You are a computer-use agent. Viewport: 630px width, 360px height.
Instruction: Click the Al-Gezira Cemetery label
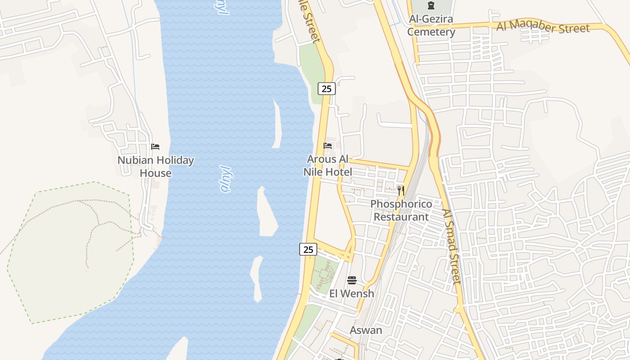pyautogui.click(x=432, y=26)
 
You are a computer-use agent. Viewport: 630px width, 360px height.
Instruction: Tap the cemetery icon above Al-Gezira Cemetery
pyautogui.click(x=431, y=6)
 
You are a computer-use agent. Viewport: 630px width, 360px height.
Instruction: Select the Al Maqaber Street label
pyautogui.click(x=543, y=27)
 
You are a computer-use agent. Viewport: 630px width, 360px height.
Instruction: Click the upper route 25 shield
pyautogui.click(x=327, y=89)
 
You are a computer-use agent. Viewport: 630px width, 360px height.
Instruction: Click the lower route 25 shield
pyautogui.click(x=308, y=249)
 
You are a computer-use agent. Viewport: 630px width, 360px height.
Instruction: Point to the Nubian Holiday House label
pyautogui.click(x=156, y=166)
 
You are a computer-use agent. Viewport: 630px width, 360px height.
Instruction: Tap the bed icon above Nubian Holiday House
pyautogui.click(x=155, y=147)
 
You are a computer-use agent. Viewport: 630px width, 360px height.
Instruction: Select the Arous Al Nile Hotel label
pyautogui.click(x=328, y=165)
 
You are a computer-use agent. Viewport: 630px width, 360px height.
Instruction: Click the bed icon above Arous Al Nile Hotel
pyautogui.click(x=328, y=146)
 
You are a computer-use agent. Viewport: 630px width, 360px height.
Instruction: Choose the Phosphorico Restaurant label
pyautogui.click(x=401, y=210)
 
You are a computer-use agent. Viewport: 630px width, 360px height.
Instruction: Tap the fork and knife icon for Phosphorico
pyautogui.click(x=400, y=190)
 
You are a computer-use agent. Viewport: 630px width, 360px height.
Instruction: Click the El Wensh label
pyautogui.click(x=351, y=294)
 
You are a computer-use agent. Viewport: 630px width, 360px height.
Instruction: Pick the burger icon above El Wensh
pyautogui.click(x=352, y=280)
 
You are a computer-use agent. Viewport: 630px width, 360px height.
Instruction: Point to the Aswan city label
pyautogui.click(x=366, y=330)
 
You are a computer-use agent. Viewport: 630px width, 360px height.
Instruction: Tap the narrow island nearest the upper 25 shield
pyautogui.click(x=277, y=124)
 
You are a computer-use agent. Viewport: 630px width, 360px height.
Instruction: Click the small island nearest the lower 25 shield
pyautogui.click(x=256, y=279)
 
